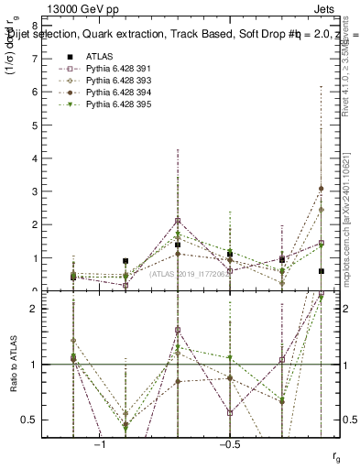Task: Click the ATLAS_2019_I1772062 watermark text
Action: [189, 273]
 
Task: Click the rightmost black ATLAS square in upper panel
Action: [322, 271]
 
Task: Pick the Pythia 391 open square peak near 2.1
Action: [178, 221]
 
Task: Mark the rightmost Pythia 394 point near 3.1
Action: [322, 189]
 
